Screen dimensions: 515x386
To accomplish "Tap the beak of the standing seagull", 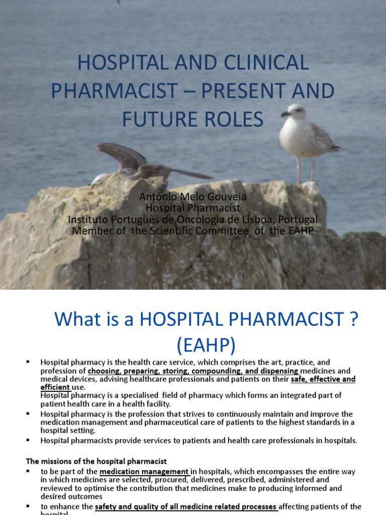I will (285, 114).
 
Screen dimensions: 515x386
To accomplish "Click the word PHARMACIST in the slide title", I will (115, 91).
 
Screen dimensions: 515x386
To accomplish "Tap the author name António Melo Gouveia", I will (193, 197).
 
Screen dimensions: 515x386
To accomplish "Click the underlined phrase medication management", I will (144, 471).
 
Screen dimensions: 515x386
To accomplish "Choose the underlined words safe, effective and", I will (323, 379).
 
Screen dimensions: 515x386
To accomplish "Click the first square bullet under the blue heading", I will (28, 362).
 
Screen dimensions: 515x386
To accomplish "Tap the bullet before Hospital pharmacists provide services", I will (28, 440).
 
